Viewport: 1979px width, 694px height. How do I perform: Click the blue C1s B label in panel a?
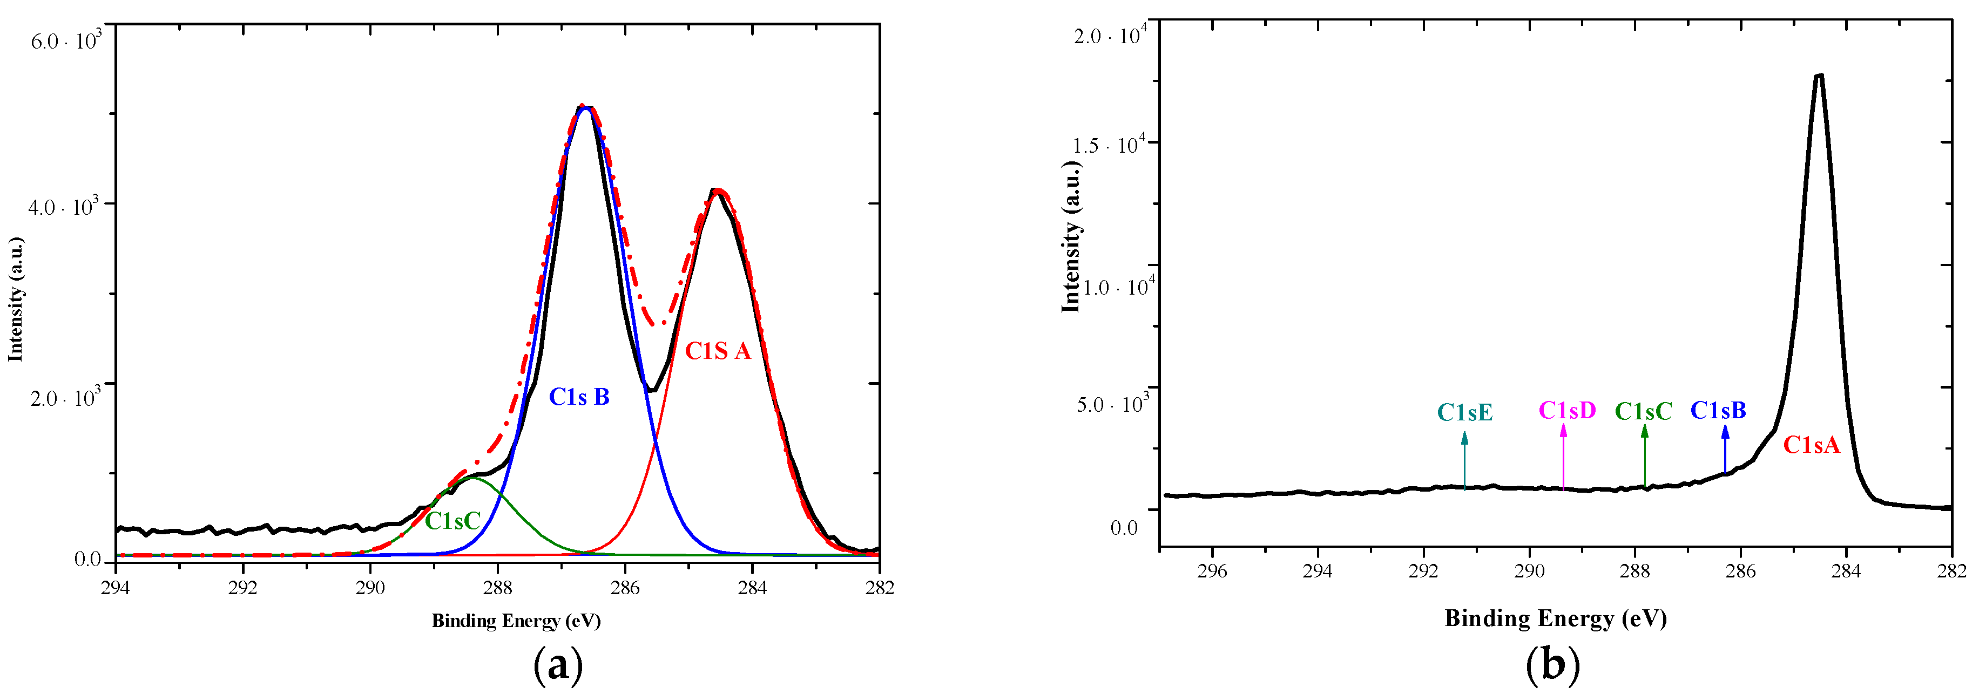click(579, 397)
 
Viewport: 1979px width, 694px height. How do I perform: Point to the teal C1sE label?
click(1464, 412)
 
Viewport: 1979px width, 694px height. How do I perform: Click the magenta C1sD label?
click(1566, 411)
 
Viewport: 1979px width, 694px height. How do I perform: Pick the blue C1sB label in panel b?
click(1718, 411)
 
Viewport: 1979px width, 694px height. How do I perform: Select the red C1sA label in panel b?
click(1811, 445)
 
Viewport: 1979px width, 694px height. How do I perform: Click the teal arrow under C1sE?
click(1464, 461)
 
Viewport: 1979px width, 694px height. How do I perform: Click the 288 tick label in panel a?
click(497, 587)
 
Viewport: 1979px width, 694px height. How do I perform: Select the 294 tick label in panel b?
click(1317, 571)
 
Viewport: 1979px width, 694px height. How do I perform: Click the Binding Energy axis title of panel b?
click(1555, 618)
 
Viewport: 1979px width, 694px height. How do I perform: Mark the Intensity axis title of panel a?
click(15, 300)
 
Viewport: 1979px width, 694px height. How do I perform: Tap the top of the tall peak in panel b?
click(1818, 75)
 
